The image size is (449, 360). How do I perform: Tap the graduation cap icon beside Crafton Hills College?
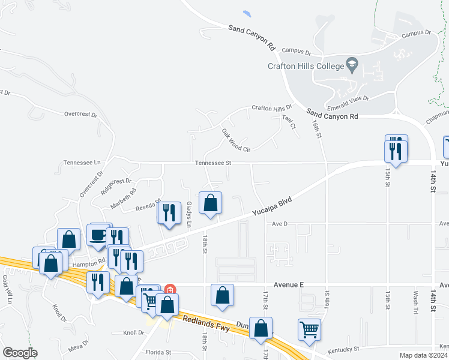click(x=352, y=64)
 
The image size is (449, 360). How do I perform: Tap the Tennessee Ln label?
click(x=82, y=163)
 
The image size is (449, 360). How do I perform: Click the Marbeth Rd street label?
click(x=123, y=199)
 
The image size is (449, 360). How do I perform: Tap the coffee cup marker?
click(x=97, y=235)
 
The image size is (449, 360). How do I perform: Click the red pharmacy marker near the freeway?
click(x=170, y=290)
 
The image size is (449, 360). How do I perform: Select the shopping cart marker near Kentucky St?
click(x=309, y=329)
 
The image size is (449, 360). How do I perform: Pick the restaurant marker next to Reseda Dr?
click(x=169, y=213)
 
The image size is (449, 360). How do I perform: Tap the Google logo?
click(x=20, y=352)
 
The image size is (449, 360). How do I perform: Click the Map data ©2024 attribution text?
click(x=423, y=355)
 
